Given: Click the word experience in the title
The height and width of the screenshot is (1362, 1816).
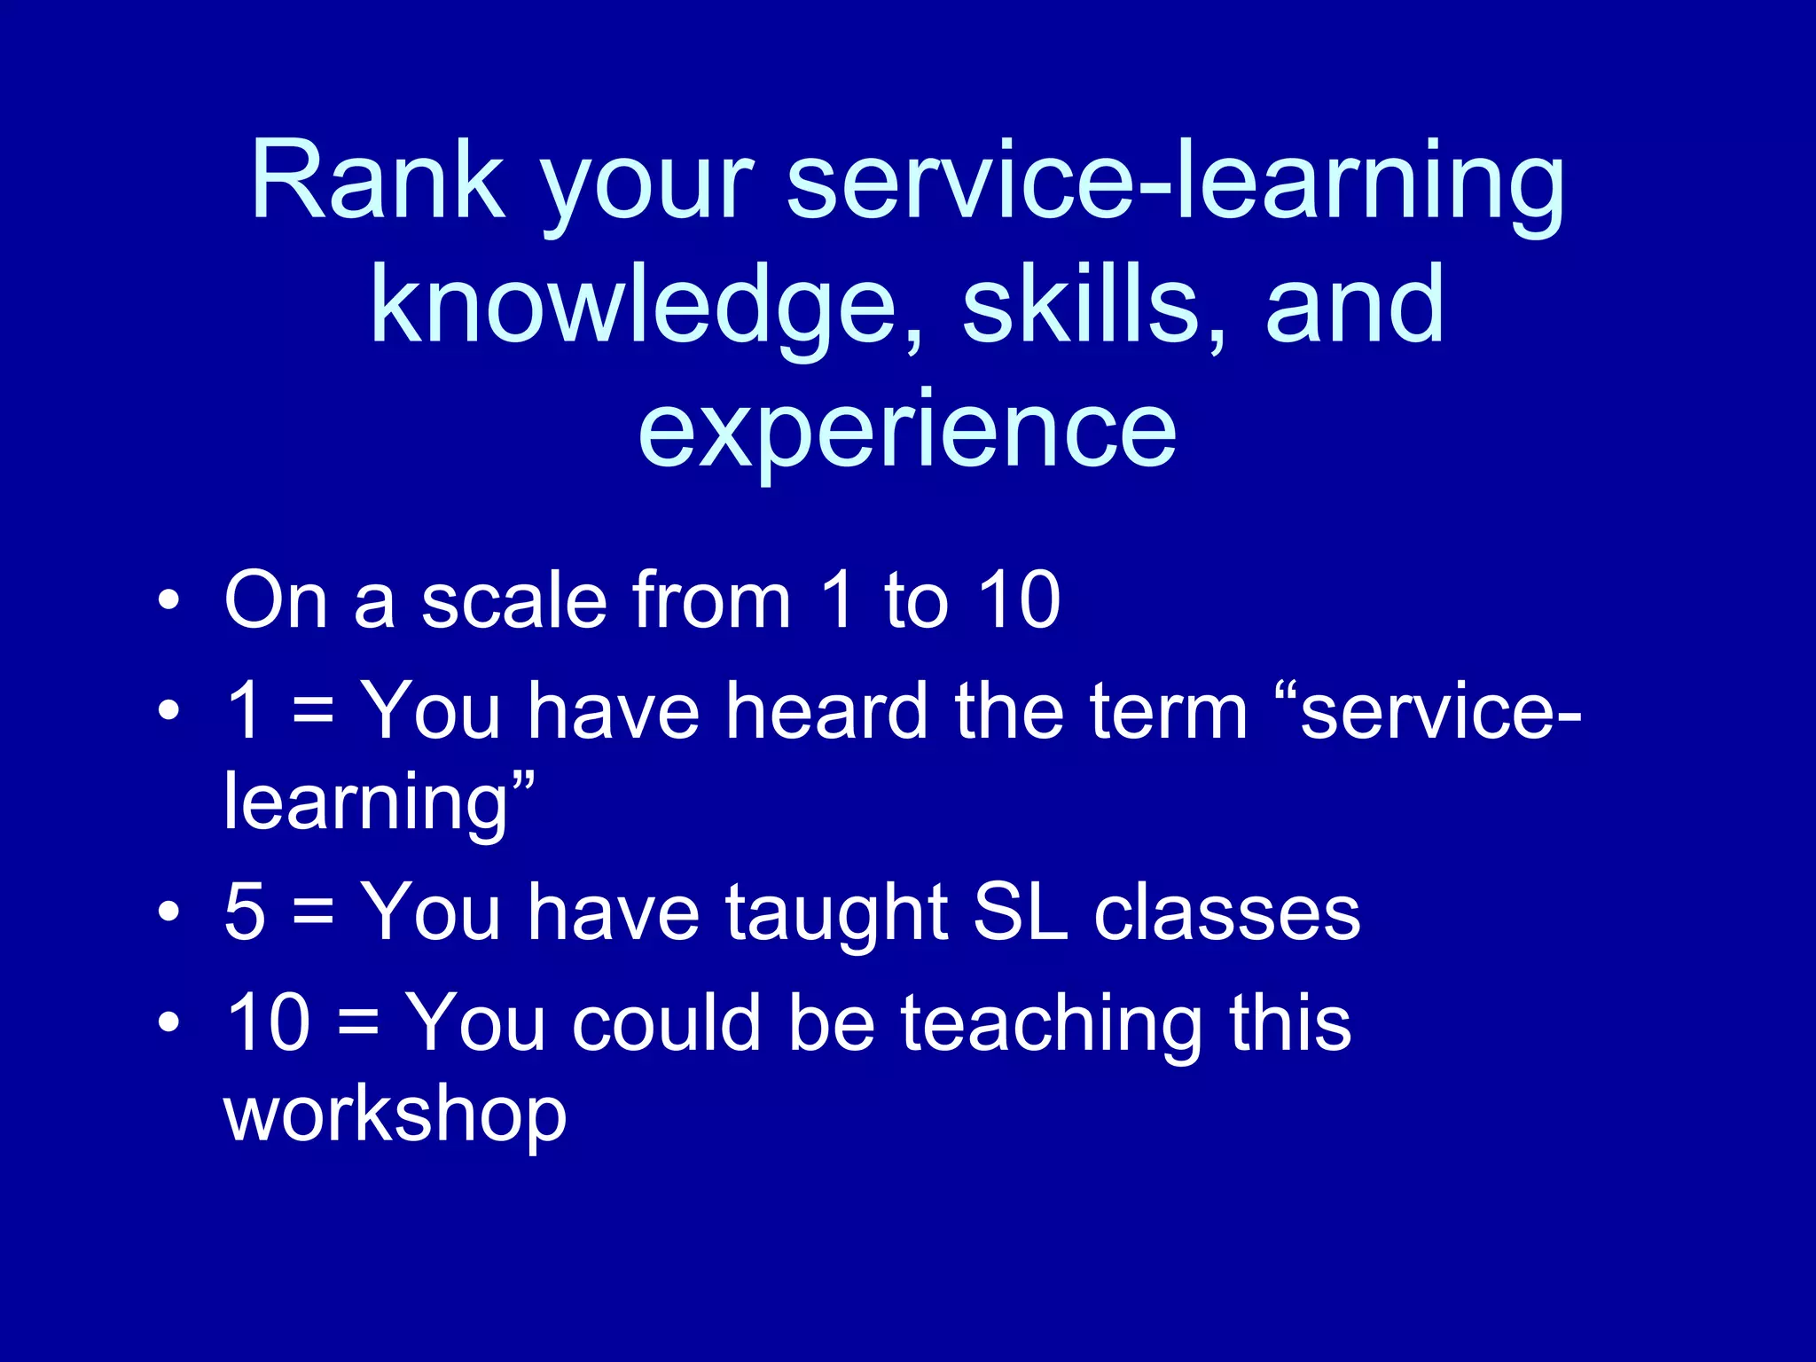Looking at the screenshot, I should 907,431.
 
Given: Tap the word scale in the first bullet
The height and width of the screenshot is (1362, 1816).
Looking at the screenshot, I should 513,601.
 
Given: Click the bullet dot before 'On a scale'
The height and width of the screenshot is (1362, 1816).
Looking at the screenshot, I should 168,603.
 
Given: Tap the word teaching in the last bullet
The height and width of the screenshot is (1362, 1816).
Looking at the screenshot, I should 1052,1024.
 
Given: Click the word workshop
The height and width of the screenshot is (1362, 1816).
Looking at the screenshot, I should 395,1117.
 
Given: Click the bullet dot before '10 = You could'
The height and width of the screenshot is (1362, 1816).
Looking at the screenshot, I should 168,1025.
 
